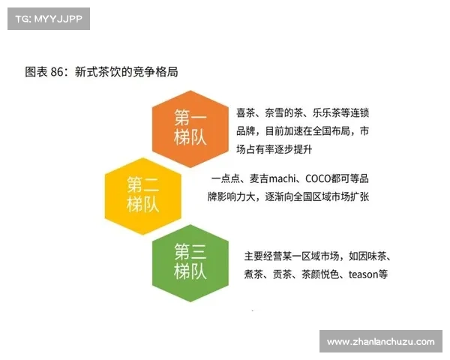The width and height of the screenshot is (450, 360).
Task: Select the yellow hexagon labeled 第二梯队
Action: click(x=142, y=193)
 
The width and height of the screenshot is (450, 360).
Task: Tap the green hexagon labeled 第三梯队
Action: click(x=190, y=259)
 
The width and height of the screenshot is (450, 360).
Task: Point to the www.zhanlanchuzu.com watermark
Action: click(x=380, y=342)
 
